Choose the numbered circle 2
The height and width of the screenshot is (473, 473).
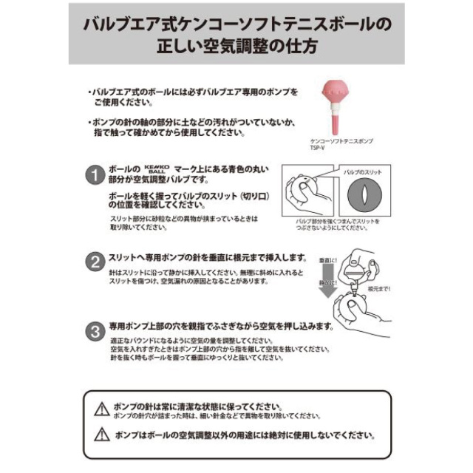94,260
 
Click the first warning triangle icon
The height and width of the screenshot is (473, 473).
102,408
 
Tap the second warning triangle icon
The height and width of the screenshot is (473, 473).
102,435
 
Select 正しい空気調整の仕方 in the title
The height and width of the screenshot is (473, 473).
236,46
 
